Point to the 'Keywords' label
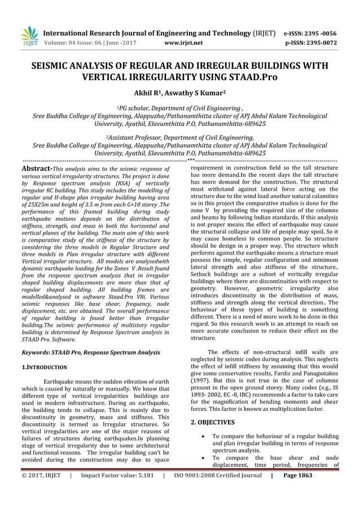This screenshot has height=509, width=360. click(x=34, y=352)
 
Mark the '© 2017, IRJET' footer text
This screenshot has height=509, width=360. click(x=41, y=492)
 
